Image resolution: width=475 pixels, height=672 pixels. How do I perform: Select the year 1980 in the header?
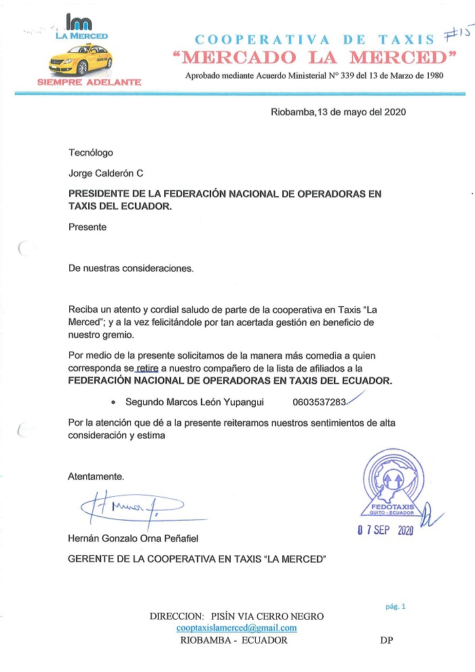tap(432, 75)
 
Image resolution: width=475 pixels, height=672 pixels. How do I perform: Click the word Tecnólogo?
tap(91, 153)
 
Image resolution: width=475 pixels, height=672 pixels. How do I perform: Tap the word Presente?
tap(88, 227)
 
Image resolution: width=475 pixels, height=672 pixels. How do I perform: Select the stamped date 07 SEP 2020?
tap(385, 530)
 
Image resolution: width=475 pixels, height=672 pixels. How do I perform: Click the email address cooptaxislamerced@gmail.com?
tap(236, 628)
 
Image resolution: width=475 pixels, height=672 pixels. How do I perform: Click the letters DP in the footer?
tap(387, 640)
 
